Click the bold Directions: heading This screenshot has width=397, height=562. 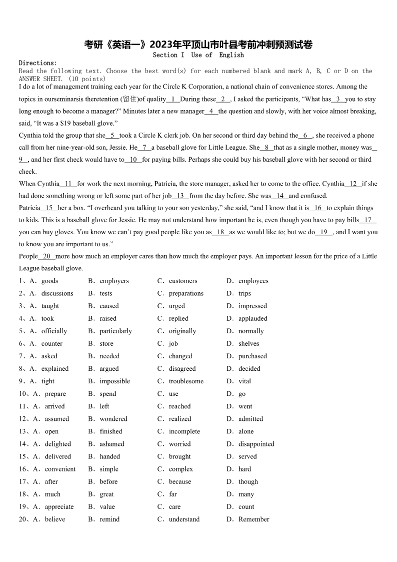(x=38, y=63)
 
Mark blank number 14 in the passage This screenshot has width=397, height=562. (x=279, y=196)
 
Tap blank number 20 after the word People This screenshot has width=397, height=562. (x=46, y=256)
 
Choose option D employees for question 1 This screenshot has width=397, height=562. (x=253, y=281)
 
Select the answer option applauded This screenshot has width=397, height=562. (x=252, y=319)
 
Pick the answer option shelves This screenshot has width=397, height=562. (x=248, y=344)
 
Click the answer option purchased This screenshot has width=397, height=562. (x=252, y=356)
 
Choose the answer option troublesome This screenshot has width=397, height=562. (x=186, y=381)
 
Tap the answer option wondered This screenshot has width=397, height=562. (x=113, y=419)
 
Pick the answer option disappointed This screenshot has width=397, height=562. (x=256, y=444)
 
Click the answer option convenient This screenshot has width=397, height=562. (x=60, y=469)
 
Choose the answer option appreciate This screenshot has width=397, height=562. (x=59, y=507)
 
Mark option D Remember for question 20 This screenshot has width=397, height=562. (x=253, y=519)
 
